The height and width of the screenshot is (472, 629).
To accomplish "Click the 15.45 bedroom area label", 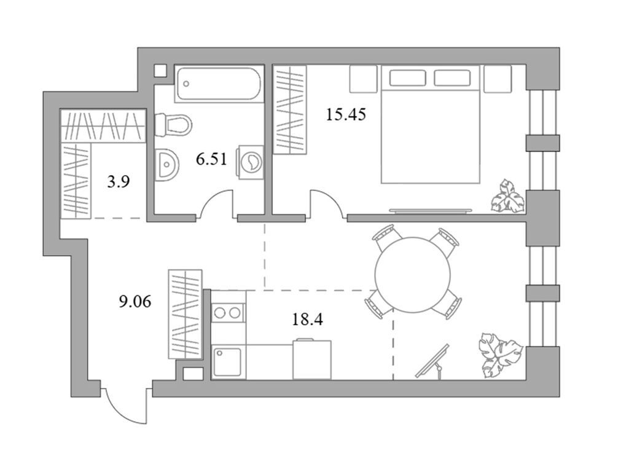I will [x=346, y=114].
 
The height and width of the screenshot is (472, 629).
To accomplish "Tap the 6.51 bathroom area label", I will [x=211, y=160].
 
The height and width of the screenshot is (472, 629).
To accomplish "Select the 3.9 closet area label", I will [x=118, y=182].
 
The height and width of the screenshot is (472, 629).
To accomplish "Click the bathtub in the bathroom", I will [x=219, y=84].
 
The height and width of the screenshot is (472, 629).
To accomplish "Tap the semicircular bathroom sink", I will [x=166, y=165].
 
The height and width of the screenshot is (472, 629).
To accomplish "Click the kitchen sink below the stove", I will [x=228, y=361].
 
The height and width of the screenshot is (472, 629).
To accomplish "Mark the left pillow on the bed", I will [x=407, y=77].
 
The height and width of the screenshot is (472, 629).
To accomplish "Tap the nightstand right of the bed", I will [x=497, y=79].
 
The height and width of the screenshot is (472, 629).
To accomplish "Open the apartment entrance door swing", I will [x=125, y=405].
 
